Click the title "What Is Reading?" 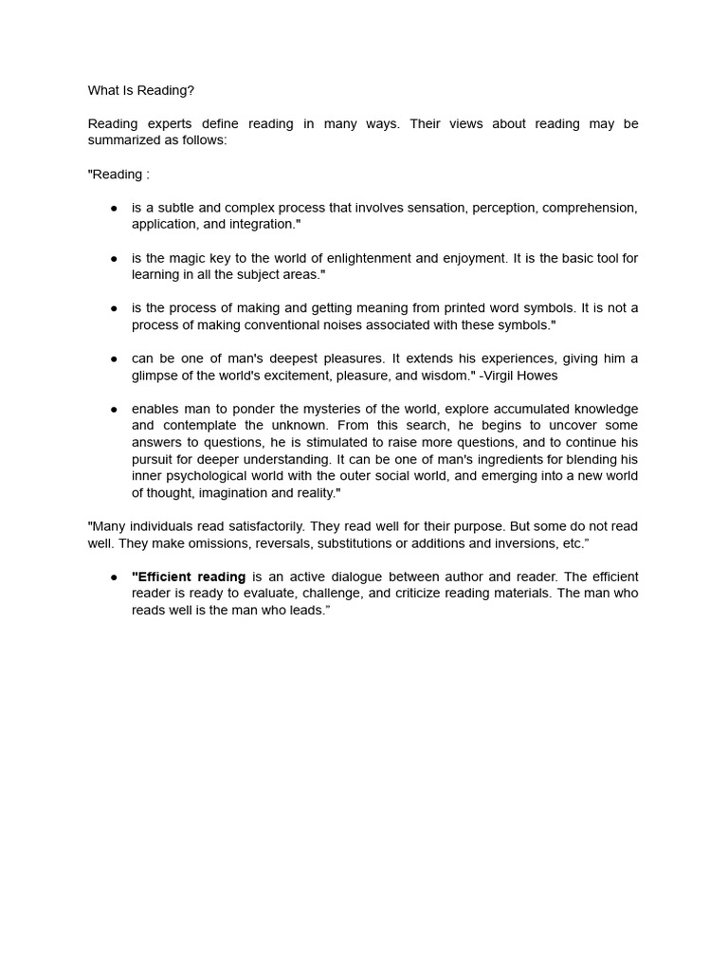(x=140, y=90)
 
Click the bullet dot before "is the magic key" (x=114, y=258)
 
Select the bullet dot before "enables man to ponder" (x=114, y=409)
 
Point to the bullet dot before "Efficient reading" (x=114, y=577)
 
